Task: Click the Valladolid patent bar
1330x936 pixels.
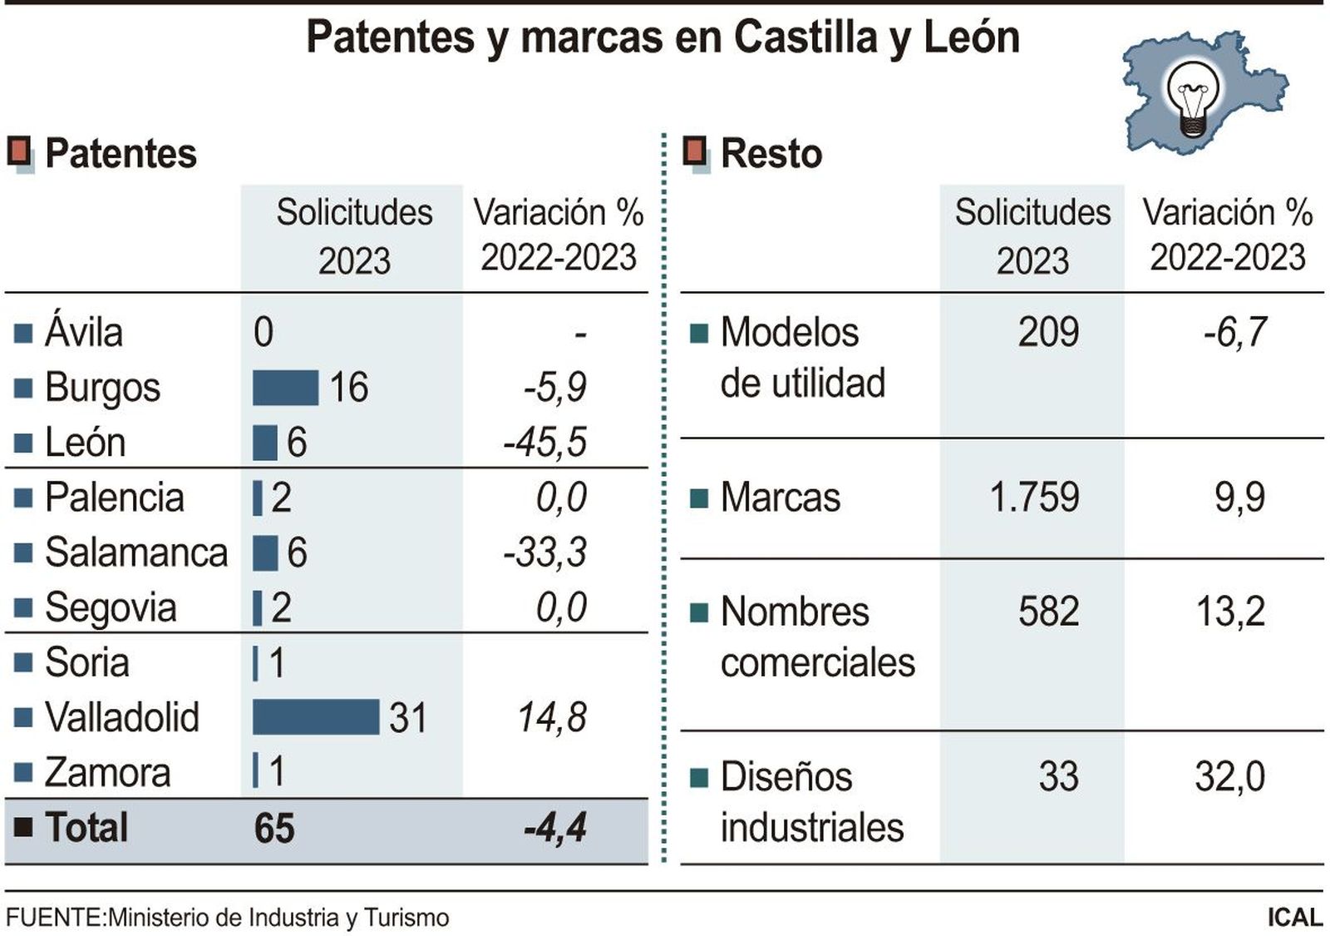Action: coord(315,716)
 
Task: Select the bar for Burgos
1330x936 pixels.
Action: coord(285,388)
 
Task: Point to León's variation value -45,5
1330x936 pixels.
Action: coord(545,442)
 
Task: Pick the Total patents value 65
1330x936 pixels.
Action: coord(274,828)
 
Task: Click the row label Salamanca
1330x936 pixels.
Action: coord(135,552)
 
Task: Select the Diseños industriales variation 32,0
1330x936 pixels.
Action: coord(1229,776)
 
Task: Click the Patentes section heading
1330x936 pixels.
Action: coord(121,154)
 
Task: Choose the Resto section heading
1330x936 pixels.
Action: coord(771,154)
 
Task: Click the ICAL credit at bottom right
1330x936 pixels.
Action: coord(1294,917)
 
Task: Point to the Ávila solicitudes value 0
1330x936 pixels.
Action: coord(264,333)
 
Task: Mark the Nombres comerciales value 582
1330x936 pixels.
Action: coord(1048,612)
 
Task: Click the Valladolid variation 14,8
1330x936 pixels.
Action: coord(552,717)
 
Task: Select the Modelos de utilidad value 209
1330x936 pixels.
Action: coord(1048,332)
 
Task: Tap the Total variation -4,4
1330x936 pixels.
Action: coord(555,828)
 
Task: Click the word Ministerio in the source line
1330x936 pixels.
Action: coord(159,918)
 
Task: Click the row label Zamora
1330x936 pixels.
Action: coord(107,772)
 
